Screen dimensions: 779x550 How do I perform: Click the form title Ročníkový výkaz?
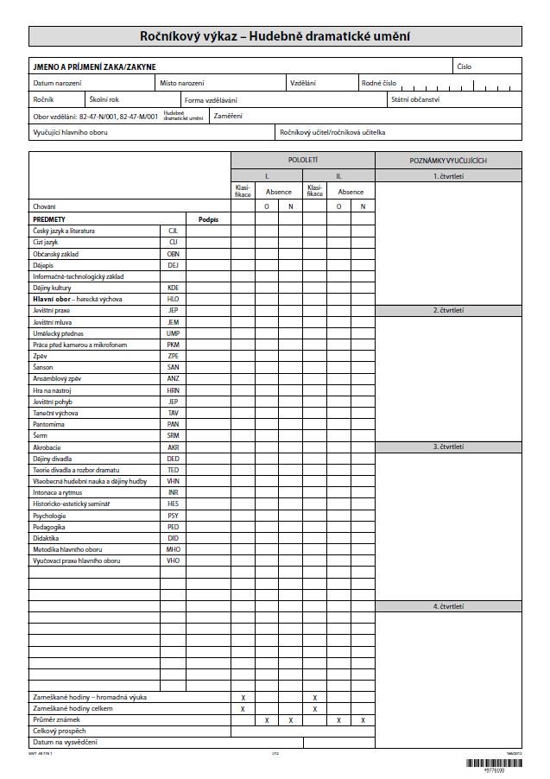275,36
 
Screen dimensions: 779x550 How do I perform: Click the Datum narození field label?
57,83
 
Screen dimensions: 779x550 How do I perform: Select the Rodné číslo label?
379,83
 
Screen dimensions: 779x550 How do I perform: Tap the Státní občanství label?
414,99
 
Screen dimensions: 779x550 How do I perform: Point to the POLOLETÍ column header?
303,161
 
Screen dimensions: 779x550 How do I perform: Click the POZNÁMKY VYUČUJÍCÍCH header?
448,161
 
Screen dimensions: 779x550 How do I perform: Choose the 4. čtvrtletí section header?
448,606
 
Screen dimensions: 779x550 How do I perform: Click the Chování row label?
44,207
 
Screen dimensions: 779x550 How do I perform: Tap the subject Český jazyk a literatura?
64,231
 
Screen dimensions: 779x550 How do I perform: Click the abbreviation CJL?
173,231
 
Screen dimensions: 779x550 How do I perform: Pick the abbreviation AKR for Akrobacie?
173,447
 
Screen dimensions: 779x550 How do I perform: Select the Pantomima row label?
48,425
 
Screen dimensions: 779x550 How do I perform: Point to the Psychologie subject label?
49,516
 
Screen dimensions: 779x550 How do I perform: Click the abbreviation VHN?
173,481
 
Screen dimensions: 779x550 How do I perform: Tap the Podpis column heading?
208,219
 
